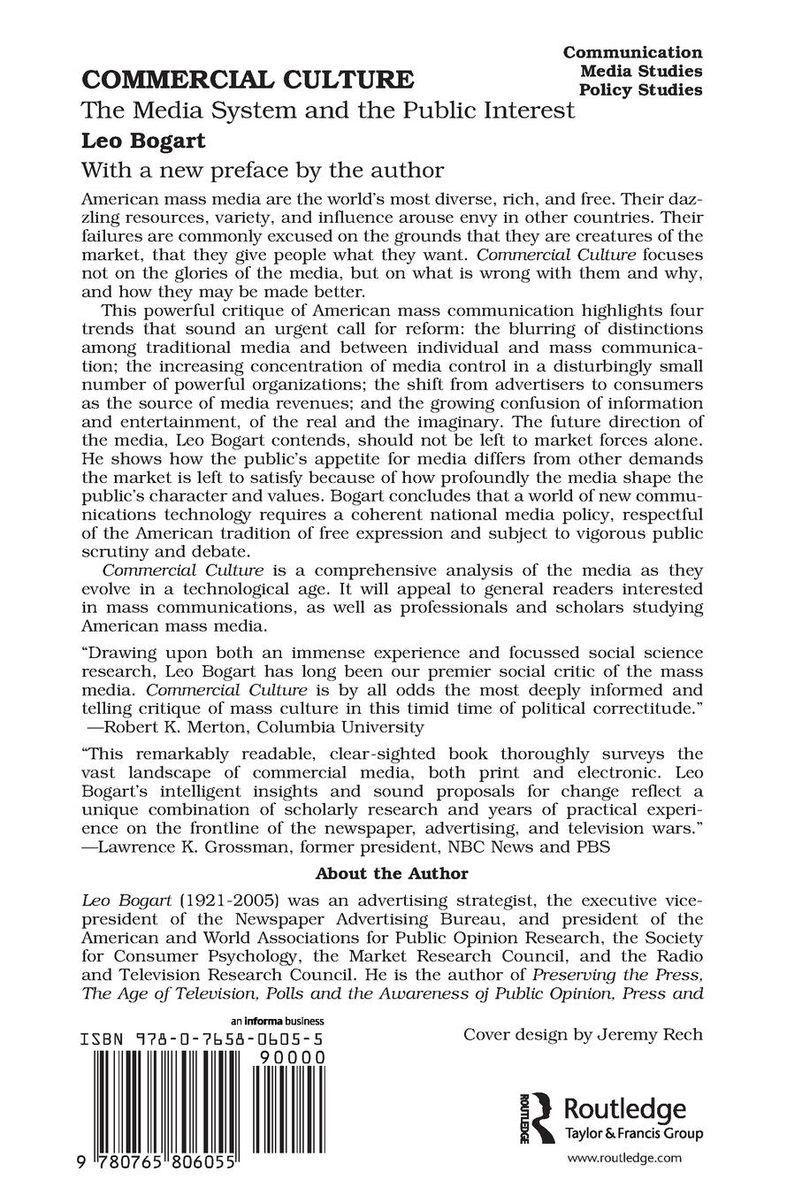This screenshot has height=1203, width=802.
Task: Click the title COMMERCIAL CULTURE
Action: click(248, 80)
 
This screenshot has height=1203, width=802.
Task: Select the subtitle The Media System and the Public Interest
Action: click(328, 111)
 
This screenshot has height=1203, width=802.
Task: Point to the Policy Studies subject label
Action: click(640, 90)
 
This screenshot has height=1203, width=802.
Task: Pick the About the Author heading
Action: click(392, 874)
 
